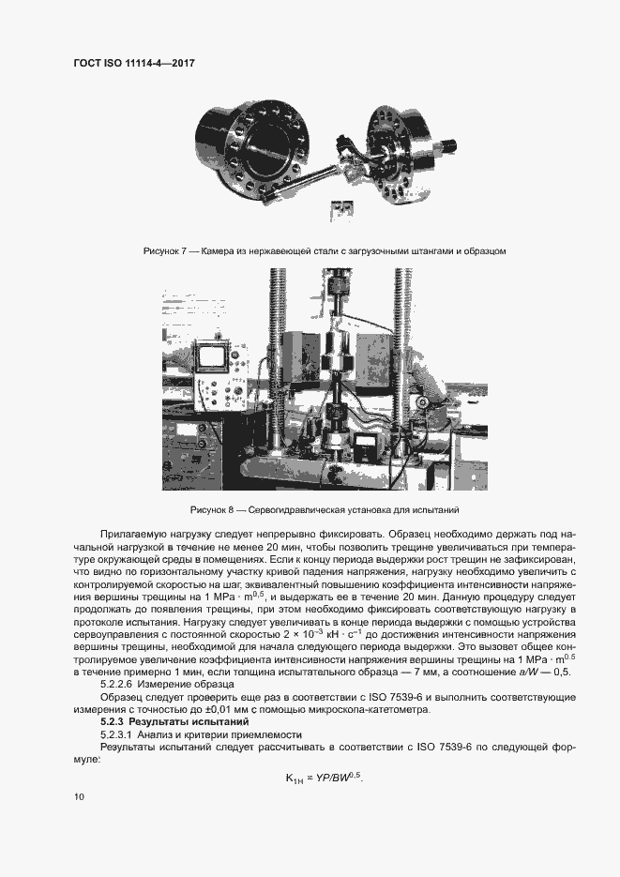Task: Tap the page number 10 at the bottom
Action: point(79,796)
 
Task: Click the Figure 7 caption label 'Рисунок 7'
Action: point(165,251)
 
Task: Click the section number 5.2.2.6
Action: point(121,686)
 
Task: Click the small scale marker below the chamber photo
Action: point(342,208)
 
